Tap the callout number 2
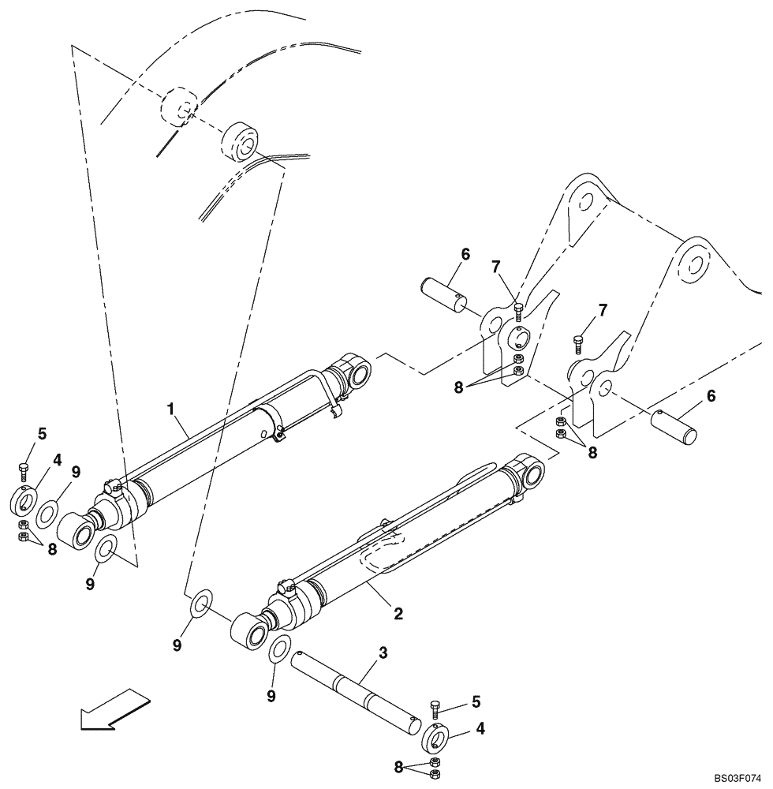pyautogui.click(x=398, y=611)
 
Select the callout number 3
pyautogui.click(x=383, y=653)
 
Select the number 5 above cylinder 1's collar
pyautogui.click(x=42, y=433)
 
